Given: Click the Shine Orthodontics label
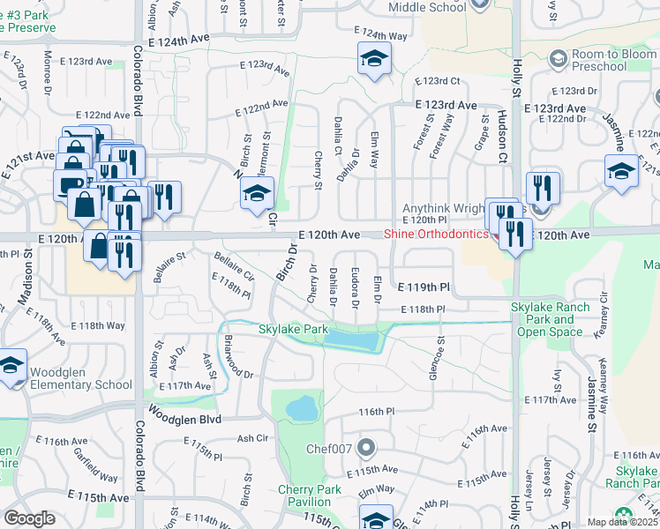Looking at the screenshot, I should [x=436, y=234].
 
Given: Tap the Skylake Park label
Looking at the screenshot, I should [x=293, y=329].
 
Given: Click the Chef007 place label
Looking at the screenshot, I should [x=329, y=448].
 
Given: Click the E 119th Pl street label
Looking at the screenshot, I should [x=424, y=287].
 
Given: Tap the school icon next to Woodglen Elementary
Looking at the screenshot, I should [x=11, y=366].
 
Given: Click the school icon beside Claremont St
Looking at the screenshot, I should [x=257, y=193].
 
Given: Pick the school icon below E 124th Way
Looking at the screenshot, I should [x=373, y=61].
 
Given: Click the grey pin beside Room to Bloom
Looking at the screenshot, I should [x=558, y=58].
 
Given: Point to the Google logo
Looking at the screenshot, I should [x=29, y=518].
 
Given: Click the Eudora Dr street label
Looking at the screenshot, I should [x=354, y=287].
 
